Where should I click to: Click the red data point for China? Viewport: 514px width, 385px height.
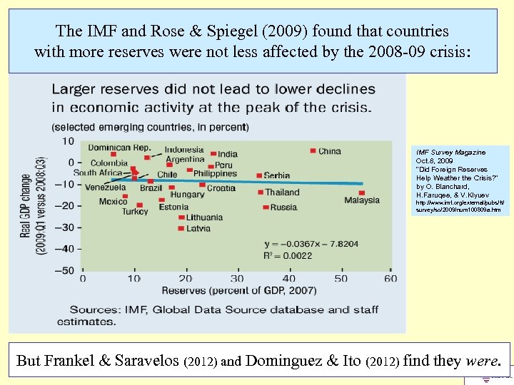click(313, 150)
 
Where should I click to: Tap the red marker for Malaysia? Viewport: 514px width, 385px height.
click(362, 192)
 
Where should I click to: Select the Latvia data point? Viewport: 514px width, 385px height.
click(181, 228)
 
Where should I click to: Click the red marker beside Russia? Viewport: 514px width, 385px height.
click(265, 207)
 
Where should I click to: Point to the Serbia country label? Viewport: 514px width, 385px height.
click(276, 175)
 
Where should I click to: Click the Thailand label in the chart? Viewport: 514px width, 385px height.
click(282, 192)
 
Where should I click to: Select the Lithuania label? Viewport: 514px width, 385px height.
click(204, 217)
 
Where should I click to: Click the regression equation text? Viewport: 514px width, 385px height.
click(311, 243)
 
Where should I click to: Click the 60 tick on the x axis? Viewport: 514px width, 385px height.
click(390, 278)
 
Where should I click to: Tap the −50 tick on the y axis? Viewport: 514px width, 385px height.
click(66, 269)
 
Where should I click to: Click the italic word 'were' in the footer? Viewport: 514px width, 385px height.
click(485, 361)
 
